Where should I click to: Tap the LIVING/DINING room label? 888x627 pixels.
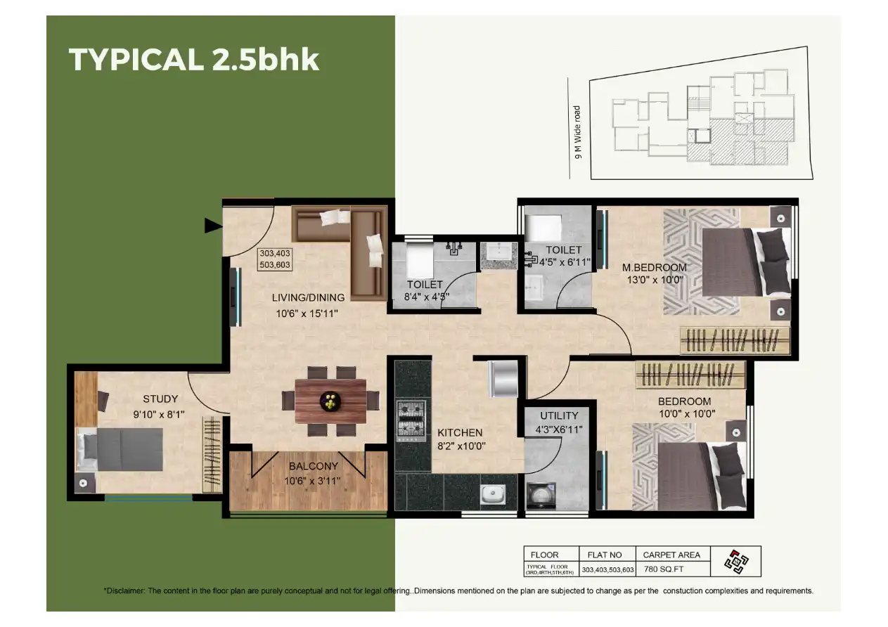308,297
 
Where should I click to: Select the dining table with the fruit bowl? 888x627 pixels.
330,401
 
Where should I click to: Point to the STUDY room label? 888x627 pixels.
160,399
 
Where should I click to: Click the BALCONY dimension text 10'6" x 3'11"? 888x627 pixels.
313,481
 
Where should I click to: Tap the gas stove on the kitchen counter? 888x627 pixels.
412,420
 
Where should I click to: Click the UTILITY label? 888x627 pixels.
559,415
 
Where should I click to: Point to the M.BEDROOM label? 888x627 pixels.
654,267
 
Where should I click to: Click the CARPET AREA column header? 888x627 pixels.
671,555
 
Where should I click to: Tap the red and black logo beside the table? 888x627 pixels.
736,562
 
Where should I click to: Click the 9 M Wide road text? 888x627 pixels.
578,132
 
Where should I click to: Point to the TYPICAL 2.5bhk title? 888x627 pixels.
193,60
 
